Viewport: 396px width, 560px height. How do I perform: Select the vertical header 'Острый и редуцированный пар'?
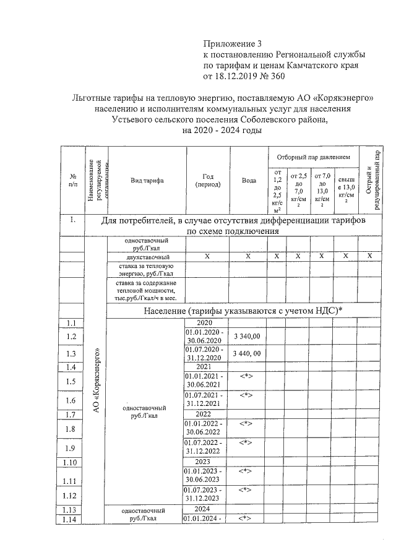click(370, 180)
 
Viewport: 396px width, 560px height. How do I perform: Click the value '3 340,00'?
click(248, 336)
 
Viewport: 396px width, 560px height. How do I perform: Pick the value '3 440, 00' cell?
click(248, 353)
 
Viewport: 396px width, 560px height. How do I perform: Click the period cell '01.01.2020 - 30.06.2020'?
click(205, 336)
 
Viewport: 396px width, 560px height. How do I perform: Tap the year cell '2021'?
click(205, 366)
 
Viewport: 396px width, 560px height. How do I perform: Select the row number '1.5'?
click(72, 381)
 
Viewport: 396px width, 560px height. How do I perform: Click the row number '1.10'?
click(72, 462)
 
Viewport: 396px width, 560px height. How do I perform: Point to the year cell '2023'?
click(205, 462)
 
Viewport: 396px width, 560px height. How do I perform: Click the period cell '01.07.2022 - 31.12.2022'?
click(205, 446)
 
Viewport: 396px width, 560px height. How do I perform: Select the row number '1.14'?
click(72, 519)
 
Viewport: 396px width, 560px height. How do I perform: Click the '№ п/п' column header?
click(72, 181)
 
